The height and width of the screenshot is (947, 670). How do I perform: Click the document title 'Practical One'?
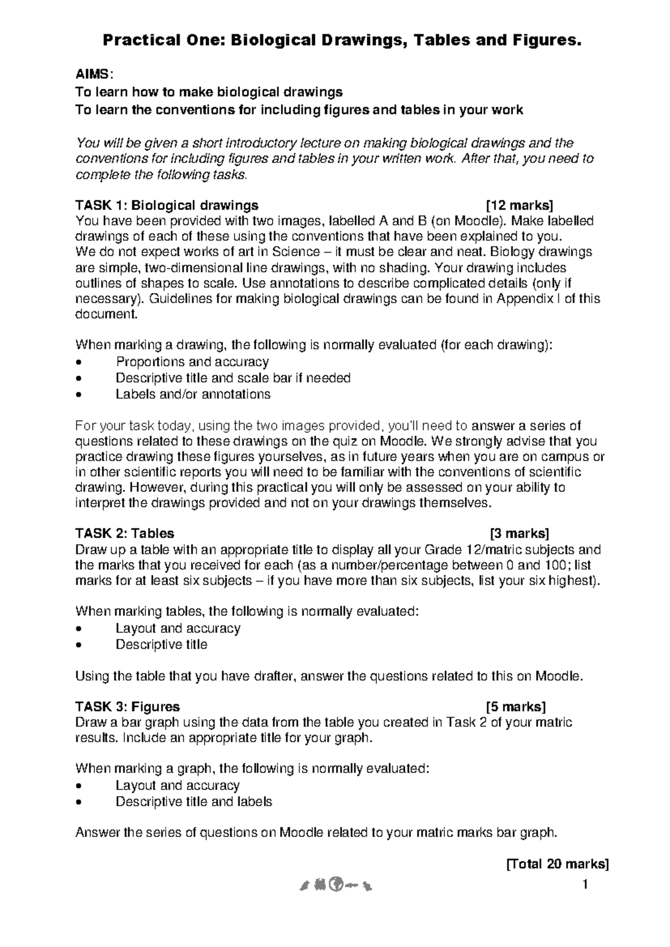point(164,40)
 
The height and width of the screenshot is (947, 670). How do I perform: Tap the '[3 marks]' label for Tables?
point(519,533)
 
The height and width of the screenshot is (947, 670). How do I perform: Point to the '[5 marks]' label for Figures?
point(516,706)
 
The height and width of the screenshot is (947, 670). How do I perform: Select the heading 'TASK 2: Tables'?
point(125,533)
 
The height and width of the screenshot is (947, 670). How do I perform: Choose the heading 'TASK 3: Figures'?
point(127,706)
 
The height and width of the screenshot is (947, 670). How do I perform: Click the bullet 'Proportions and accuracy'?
point(192,362)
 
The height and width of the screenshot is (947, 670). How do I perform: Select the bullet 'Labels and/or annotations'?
point(193,394)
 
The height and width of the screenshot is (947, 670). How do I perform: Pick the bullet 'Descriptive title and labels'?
point(194,802)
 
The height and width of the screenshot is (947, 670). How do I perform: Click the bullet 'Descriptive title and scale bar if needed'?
point(233,378)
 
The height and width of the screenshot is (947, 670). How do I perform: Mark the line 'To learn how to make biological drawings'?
point(209,92)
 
